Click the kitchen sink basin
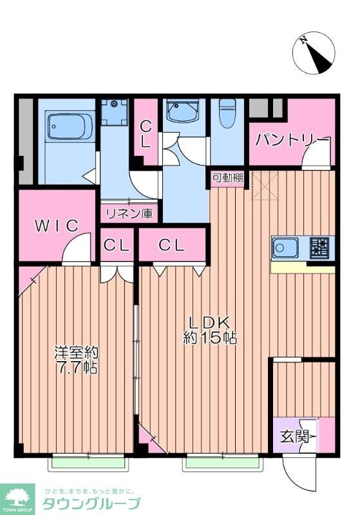tap(284, 247)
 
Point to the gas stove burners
tap(319, 247)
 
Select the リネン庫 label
tap(129, 213)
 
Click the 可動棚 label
tap(227, 178)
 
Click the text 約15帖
tap(210, 337)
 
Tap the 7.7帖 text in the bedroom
tap(76, 370)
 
